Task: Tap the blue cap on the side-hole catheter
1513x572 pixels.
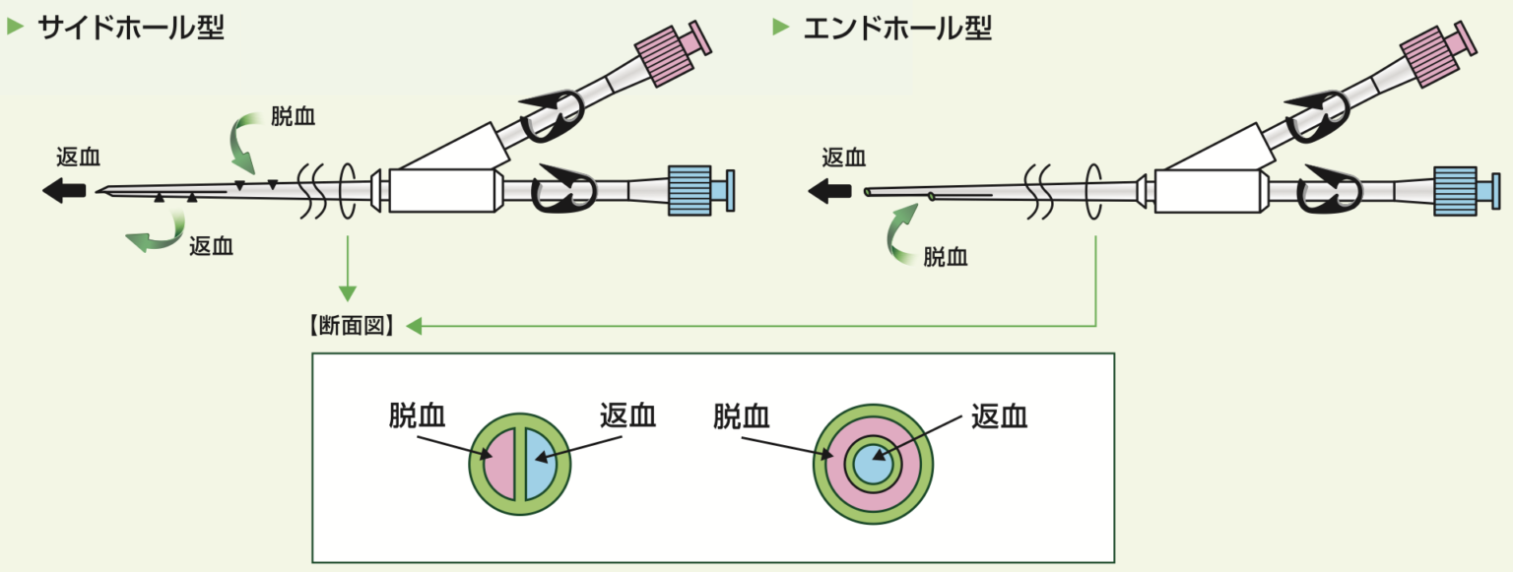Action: coord(689,190)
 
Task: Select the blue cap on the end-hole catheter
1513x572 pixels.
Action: coord(1455,190)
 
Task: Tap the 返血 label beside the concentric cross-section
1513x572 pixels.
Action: coord(999,416)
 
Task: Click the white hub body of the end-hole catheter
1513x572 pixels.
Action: coord(1206,190)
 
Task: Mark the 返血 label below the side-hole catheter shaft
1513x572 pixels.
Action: coord(211,246)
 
